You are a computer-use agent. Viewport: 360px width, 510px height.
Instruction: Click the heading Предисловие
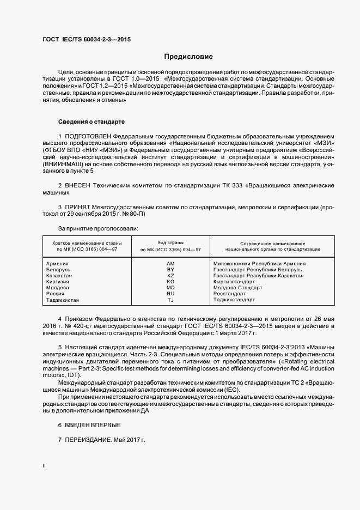tap(188, 57)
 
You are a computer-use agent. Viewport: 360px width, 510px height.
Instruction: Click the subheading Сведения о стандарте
tap(91, 121)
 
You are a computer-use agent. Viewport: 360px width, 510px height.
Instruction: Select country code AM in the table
tap(170, 263)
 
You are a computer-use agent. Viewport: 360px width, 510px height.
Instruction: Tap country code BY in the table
tap(170, 269)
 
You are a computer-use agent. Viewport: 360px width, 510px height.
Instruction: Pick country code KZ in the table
tap(170, 276)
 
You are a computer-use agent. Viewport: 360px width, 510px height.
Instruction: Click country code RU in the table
tap(170, 294)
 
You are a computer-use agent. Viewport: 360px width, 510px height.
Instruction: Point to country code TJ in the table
tap(170, 300)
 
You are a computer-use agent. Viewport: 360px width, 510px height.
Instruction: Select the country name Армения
tap(58, 263)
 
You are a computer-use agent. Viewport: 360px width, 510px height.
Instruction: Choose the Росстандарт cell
tap(230, 294)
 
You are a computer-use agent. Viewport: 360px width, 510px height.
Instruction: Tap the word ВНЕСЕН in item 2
tap(80, 186)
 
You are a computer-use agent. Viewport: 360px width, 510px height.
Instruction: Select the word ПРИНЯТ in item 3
tap(80, 208)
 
